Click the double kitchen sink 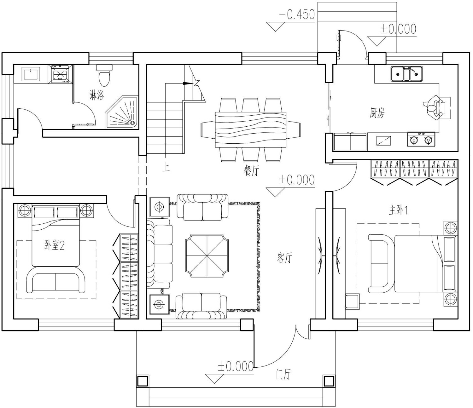[x=407, y=74]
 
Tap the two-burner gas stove [x=421, y=139]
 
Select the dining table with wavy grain [x=251, y=130]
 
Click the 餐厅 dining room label [x=252, y=171]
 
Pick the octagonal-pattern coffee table [x=207, y=256]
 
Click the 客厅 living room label [x=284, y=258]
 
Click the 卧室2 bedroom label [x=54, y=245]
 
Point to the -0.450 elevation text [x=297, y=14]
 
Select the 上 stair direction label [x=166, y=168]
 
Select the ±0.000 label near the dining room [x=296, y=180]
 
